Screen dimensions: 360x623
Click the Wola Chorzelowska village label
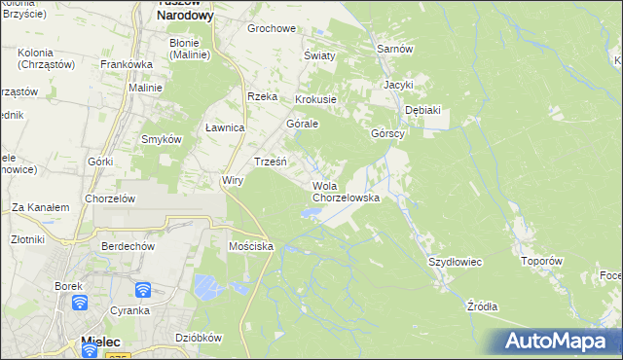coord(345,192)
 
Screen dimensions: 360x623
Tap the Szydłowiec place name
coord(456,263)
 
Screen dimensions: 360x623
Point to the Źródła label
coord(482,306)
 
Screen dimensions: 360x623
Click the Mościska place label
coord(250,247)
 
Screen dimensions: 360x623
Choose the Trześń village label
coord(270,162)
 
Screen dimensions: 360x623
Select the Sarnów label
coord(395,49)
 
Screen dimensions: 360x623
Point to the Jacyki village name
coord(398,86)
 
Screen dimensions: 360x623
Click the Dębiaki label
coord(422,110)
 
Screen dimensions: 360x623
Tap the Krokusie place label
coord(315,99)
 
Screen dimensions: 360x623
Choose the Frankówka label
coord(123,64)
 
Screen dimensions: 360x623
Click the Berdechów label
coord(128,247)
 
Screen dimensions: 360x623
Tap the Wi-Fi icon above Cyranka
coord(142,290)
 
